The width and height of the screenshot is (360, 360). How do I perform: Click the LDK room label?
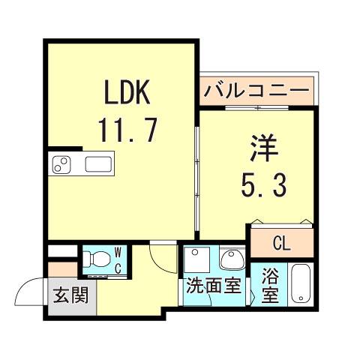tap(127, 91)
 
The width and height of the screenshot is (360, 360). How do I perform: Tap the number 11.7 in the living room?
tap(128, 130)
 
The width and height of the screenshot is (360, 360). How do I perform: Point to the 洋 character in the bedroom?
tap(264, 148)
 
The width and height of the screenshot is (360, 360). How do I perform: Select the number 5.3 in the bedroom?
tap(263, 184)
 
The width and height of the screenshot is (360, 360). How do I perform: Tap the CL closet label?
tap(282, 244)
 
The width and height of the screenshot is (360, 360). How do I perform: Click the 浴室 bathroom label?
tap(270, 286)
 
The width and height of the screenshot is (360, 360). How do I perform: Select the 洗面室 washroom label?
tap(214, 285)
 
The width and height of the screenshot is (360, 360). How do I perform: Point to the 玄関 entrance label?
tap(71, 295)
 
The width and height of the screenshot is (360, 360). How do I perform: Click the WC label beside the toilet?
tap(118, 260)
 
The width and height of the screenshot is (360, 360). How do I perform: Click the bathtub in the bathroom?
tap(300, 284)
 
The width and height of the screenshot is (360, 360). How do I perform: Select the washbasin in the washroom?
tap(232, 259)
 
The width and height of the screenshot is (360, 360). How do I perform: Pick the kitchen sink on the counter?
tap(98, 164)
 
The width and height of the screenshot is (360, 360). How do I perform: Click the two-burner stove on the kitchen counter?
tap(61, 164)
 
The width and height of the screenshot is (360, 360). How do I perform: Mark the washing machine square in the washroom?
tap(196, 258)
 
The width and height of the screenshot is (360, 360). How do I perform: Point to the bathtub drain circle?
tap(301, 298)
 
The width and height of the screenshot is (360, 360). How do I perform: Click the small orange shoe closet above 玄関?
tap(62, 269)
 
